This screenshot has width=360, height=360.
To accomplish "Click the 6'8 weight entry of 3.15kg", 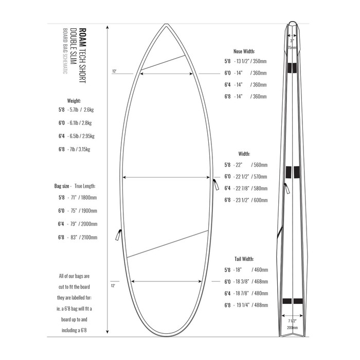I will (83, 150).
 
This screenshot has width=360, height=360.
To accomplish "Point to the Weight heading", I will (74, 101).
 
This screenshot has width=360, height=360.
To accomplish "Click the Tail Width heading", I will (244, 259).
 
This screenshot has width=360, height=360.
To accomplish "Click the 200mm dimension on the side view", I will (292, 327).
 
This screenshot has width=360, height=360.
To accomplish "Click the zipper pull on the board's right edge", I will (215, 184).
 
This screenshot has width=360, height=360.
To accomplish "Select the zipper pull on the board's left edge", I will (117, 235).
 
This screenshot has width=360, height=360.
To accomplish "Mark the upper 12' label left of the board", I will (114, 71).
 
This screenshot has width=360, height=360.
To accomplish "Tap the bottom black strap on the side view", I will (292, 301).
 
